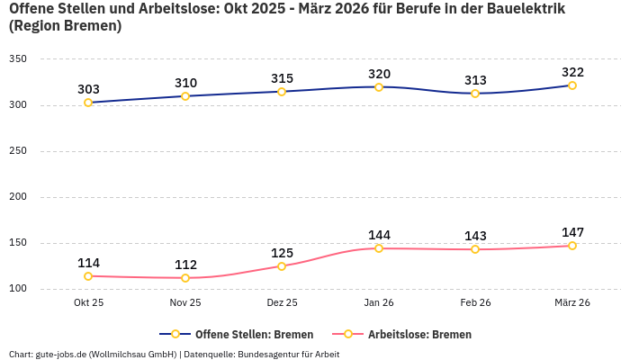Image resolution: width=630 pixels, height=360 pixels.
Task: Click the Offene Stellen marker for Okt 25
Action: [x=88, y=103]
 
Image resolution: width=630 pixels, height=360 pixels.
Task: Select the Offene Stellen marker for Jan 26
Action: [x=379, y=87]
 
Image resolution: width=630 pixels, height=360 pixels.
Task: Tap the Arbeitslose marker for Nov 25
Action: [x=185, y=278]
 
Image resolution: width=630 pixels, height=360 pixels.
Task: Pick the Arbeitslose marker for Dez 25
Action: [x=282, y=266]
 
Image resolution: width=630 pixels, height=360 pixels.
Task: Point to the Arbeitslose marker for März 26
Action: [x=572, y=246]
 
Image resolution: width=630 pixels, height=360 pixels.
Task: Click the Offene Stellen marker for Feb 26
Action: [x=475, y=94]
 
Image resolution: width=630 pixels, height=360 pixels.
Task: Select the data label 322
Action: [x=572, y=72]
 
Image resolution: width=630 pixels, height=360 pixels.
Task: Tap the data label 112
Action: [x=185, y=265]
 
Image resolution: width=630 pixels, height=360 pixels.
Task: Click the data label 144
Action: [x=379, y=235]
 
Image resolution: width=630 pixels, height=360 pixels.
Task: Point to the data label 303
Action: [x=88, y=89]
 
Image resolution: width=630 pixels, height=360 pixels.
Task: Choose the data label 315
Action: [x=282, y=78]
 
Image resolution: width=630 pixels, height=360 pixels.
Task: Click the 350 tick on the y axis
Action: [x=17, y=59]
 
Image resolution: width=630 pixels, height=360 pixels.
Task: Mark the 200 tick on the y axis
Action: [x=17, y=197]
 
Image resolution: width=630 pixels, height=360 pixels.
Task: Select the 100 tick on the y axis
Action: [x=17, y=289]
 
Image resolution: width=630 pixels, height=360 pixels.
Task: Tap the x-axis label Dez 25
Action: [x=282, y=303]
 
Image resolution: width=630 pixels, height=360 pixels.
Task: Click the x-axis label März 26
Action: [x=572, y=303]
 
